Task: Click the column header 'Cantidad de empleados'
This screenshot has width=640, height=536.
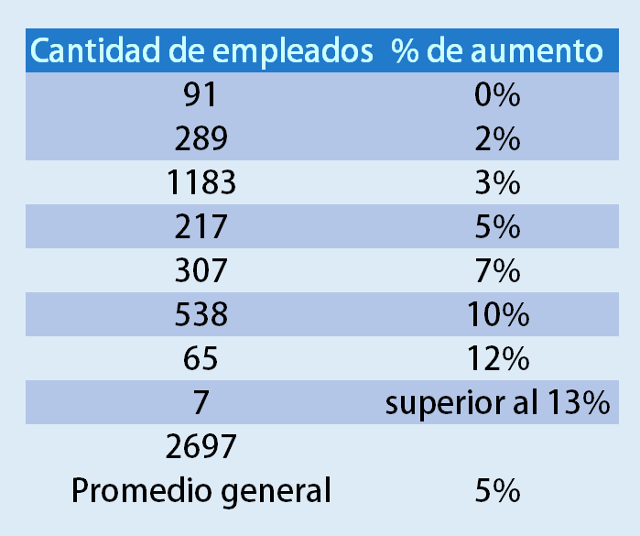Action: [x=201, y=51]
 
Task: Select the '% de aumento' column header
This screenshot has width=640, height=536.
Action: [x=497, y=51]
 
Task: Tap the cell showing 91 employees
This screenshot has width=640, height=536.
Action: [x=201, y=95]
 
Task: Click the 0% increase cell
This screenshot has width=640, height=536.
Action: [x=497, y=95]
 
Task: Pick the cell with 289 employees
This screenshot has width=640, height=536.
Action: [x=201, y=139]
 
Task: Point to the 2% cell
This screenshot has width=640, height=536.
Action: [x=497, y=139]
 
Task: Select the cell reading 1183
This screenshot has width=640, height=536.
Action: [x=201, y=183]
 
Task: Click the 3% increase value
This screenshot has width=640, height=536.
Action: [x=497, y=183]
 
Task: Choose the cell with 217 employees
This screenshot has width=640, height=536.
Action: [x=201, y=227]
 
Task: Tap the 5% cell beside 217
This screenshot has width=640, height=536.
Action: [x=497, y=227]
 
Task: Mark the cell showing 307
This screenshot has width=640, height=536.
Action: [x=201, y=271]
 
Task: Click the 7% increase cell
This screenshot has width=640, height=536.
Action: [x=497, y=271]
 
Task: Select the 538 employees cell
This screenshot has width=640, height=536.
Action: [x=201, y=315]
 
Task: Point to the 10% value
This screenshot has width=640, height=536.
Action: [x=497, y=315]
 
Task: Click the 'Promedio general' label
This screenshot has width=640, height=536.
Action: [x=201, y=491]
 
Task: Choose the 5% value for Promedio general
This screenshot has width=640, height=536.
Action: [x=497, y=491]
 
